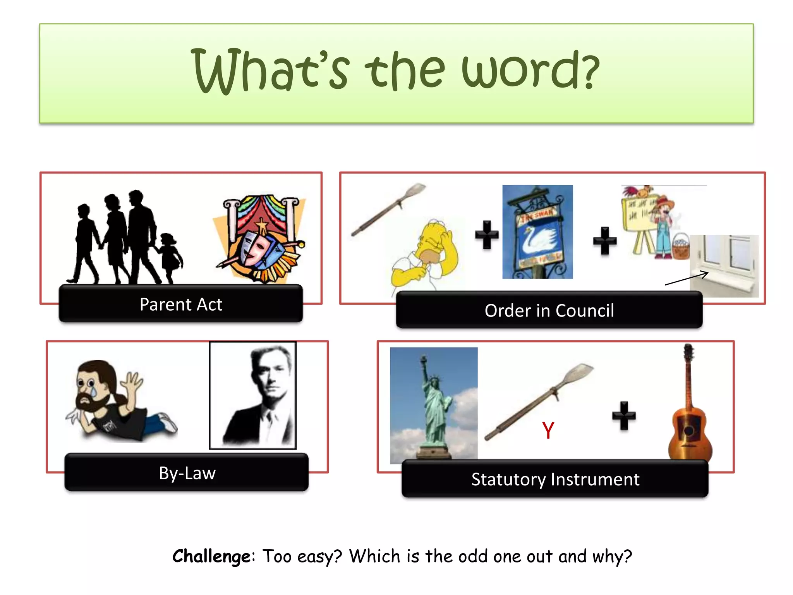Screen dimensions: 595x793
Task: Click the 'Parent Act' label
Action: [x=181, y=304]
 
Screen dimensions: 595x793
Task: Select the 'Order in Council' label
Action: [x=549, y=310]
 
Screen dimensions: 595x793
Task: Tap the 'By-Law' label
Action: [x=187, y=473]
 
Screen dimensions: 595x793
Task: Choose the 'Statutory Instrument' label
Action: [x=555, y=479]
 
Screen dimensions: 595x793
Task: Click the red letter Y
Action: [x=548, y=430]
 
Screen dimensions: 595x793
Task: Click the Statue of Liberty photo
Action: [x=434, y=405]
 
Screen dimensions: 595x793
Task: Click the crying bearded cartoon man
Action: [x=116, y=401]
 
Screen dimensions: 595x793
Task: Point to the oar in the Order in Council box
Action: [x=387, y=210]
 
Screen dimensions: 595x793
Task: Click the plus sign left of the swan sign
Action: [x=487, y=234]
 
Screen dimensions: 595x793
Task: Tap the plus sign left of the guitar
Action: [x=624, y=416]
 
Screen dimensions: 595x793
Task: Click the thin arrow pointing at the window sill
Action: [x=687, y=279]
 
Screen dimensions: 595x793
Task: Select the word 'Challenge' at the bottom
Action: [x=211, y=556]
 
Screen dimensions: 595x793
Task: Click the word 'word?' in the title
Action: [x=530, y=70]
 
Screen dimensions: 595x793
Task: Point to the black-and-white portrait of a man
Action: [x=253, y=395]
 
